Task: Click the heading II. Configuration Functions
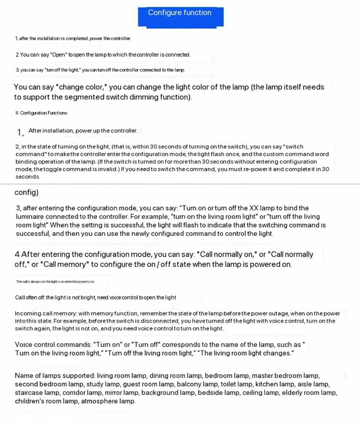coord(41,113)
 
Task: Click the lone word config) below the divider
coord(27,192)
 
